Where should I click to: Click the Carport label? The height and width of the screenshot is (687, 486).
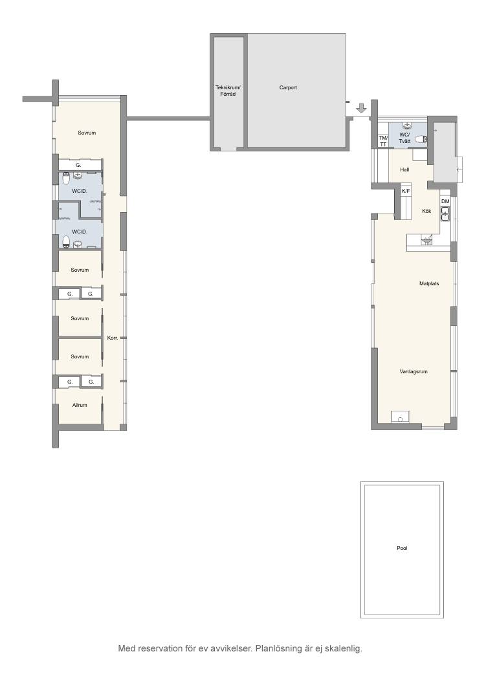pyautogui.click(x=288, y=87)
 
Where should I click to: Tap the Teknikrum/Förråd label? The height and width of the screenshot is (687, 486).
pyautogui.click(x=228, y=91)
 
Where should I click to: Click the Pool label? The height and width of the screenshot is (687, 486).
pyautogui.click(x=402, y=548)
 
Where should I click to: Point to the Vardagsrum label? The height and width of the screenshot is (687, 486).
pyautogui.click(x=414, y=371)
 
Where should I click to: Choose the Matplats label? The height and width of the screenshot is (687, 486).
pyautogui.click(x=429, y=284)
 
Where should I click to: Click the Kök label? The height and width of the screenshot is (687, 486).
pyautogui.click(x=426, y=211)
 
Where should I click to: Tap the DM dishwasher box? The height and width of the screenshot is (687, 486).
pyautogui.click(x=445, y=201)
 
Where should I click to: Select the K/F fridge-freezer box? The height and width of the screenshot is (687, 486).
pyautogui.click(x=406, y=191)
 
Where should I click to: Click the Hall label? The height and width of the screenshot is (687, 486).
pyautogui.click(x=404, y=169)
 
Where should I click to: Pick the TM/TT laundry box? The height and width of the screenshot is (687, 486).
pyautogui.click(x=383, y=140)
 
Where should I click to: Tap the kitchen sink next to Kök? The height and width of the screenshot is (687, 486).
pyautogui.click(x=445, y=214)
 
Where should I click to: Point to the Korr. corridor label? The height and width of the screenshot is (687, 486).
pyautogui.click(x=113, y=338)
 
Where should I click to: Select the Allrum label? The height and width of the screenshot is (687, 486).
pyautogui.click(x=80, y=405)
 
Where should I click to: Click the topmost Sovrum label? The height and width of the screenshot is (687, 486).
pyautogui.click(x=87, y=133)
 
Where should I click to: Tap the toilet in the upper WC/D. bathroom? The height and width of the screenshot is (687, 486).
pyautogui.click(x=66, y=179)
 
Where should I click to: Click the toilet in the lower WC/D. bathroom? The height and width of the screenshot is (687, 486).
pyautogui.click(x=66, y=241)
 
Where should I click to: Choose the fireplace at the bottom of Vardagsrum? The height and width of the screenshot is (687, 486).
pyautogui.click(x=401, y=417)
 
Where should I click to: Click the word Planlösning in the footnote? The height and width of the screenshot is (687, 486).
pyautogui.click(x=278, y=648)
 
